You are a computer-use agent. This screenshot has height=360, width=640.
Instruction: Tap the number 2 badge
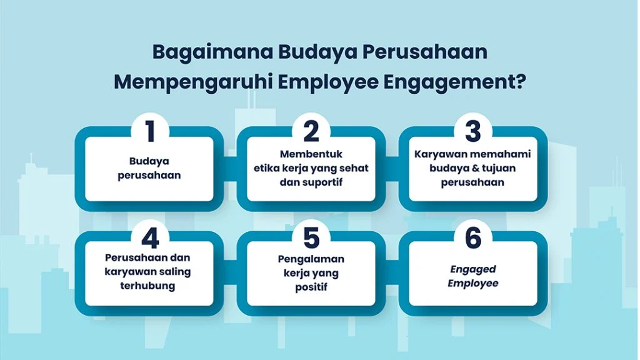click(x=311, y=132)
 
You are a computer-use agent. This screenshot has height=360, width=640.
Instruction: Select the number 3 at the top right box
click(x=473, y=132)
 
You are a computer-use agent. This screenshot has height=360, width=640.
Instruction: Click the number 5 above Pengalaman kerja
click(x=311, y=237)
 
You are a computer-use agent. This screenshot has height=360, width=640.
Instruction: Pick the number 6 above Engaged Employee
click(x=473, y=237)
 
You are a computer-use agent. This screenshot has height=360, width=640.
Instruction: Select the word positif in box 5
click(x=311, y=287)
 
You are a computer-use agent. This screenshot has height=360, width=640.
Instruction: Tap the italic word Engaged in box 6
click(x=473, y=269)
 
